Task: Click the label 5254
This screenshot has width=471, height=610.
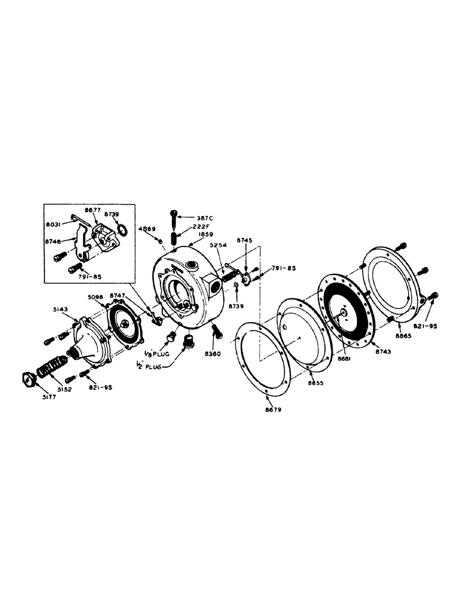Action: point(218,246)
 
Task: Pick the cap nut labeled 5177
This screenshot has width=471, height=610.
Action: point(29,378)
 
